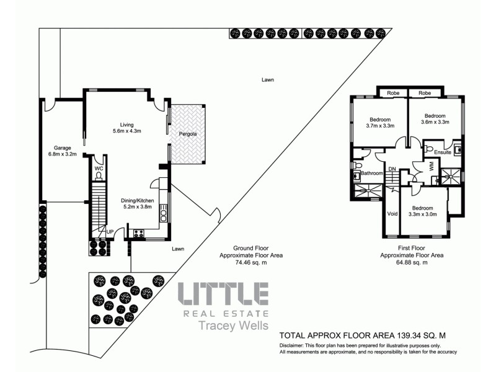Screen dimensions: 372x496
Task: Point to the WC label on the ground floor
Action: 98,168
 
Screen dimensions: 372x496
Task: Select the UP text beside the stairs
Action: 109,232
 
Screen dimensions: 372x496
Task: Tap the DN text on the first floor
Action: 392,169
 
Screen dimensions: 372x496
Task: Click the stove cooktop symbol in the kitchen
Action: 138,234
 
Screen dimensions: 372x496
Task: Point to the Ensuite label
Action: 443,152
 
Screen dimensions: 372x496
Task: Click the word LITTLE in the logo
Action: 223,294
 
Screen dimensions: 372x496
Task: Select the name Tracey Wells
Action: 223,326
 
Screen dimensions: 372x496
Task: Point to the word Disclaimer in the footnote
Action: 294,345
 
